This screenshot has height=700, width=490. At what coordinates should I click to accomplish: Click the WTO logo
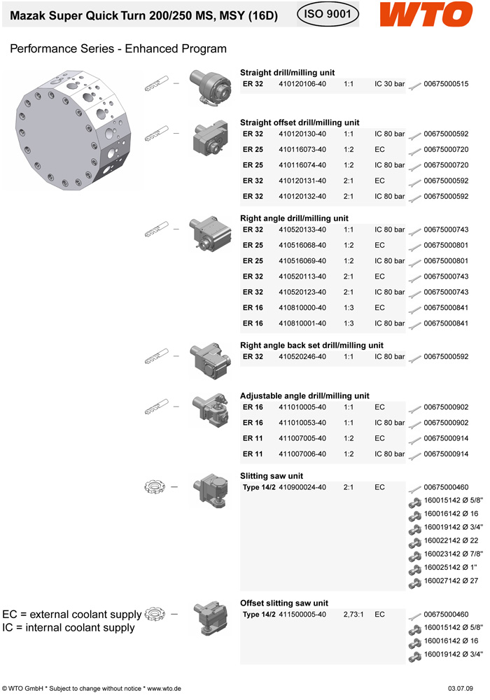[x=426, y=14]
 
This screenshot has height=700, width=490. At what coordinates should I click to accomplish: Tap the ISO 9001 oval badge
[x=328, y=13]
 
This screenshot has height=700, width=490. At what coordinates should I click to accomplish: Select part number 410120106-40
[x=302, y=84]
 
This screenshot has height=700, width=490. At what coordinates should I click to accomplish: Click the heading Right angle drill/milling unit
[x=294, y=218]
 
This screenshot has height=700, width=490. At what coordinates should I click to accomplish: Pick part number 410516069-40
[x=302, y=261]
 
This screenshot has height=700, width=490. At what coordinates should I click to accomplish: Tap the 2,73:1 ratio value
[x=356, y=615]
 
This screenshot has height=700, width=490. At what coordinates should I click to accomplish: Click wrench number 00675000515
[x=446, y=84]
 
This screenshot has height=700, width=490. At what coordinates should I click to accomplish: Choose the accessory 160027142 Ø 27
[x=450, y=581]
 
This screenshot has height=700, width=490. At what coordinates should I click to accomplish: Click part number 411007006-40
[x=302, y=454]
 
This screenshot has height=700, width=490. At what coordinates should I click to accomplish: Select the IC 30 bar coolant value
[x=389, y=84]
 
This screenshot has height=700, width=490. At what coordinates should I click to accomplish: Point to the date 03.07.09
[x=460, y=689]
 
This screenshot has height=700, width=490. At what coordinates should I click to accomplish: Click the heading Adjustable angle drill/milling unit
[x=304, y=396]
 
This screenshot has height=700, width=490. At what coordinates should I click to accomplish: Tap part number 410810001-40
[x=302, y=323]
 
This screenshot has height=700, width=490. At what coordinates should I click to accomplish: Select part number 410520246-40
[x=302, y=356]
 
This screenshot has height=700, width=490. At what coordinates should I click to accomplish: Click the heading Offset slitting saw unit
[x=284, y=603]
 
